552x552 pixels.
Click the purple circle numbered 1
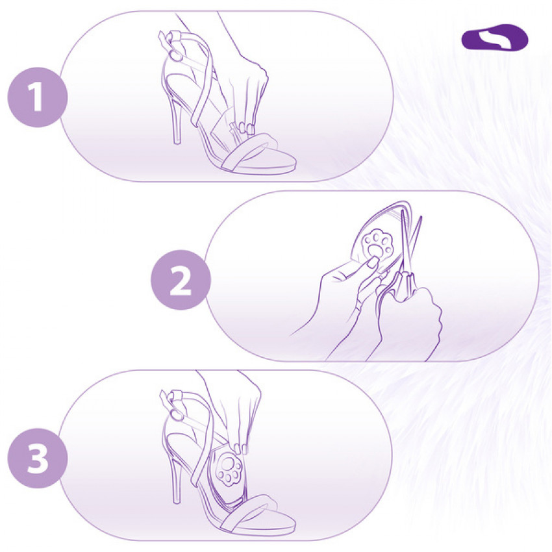click(38, 97)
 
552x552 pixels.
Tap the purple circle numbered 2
click(181, 280)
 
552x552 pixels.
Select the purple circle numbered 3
click(38, 458)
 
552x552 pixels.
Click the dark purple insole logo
click(495, 37)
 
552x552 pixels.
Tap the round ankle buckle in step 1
click(175, 56)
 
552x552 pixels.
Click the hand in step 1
click(246, 92)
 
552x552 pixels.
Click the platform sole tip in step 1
click(295, 165)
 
